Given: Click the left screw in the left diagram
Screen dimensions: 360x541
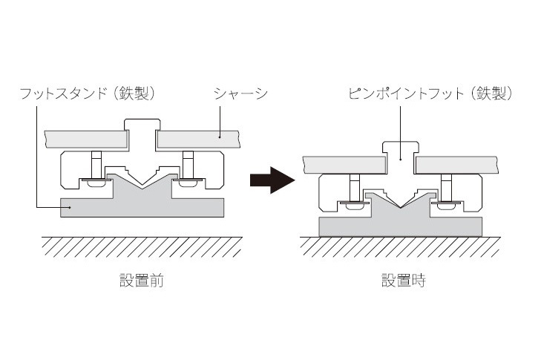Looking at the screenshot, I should [96, 162].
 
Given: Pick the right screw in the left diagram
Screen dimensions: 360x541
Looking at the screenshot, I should [187, 162].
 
